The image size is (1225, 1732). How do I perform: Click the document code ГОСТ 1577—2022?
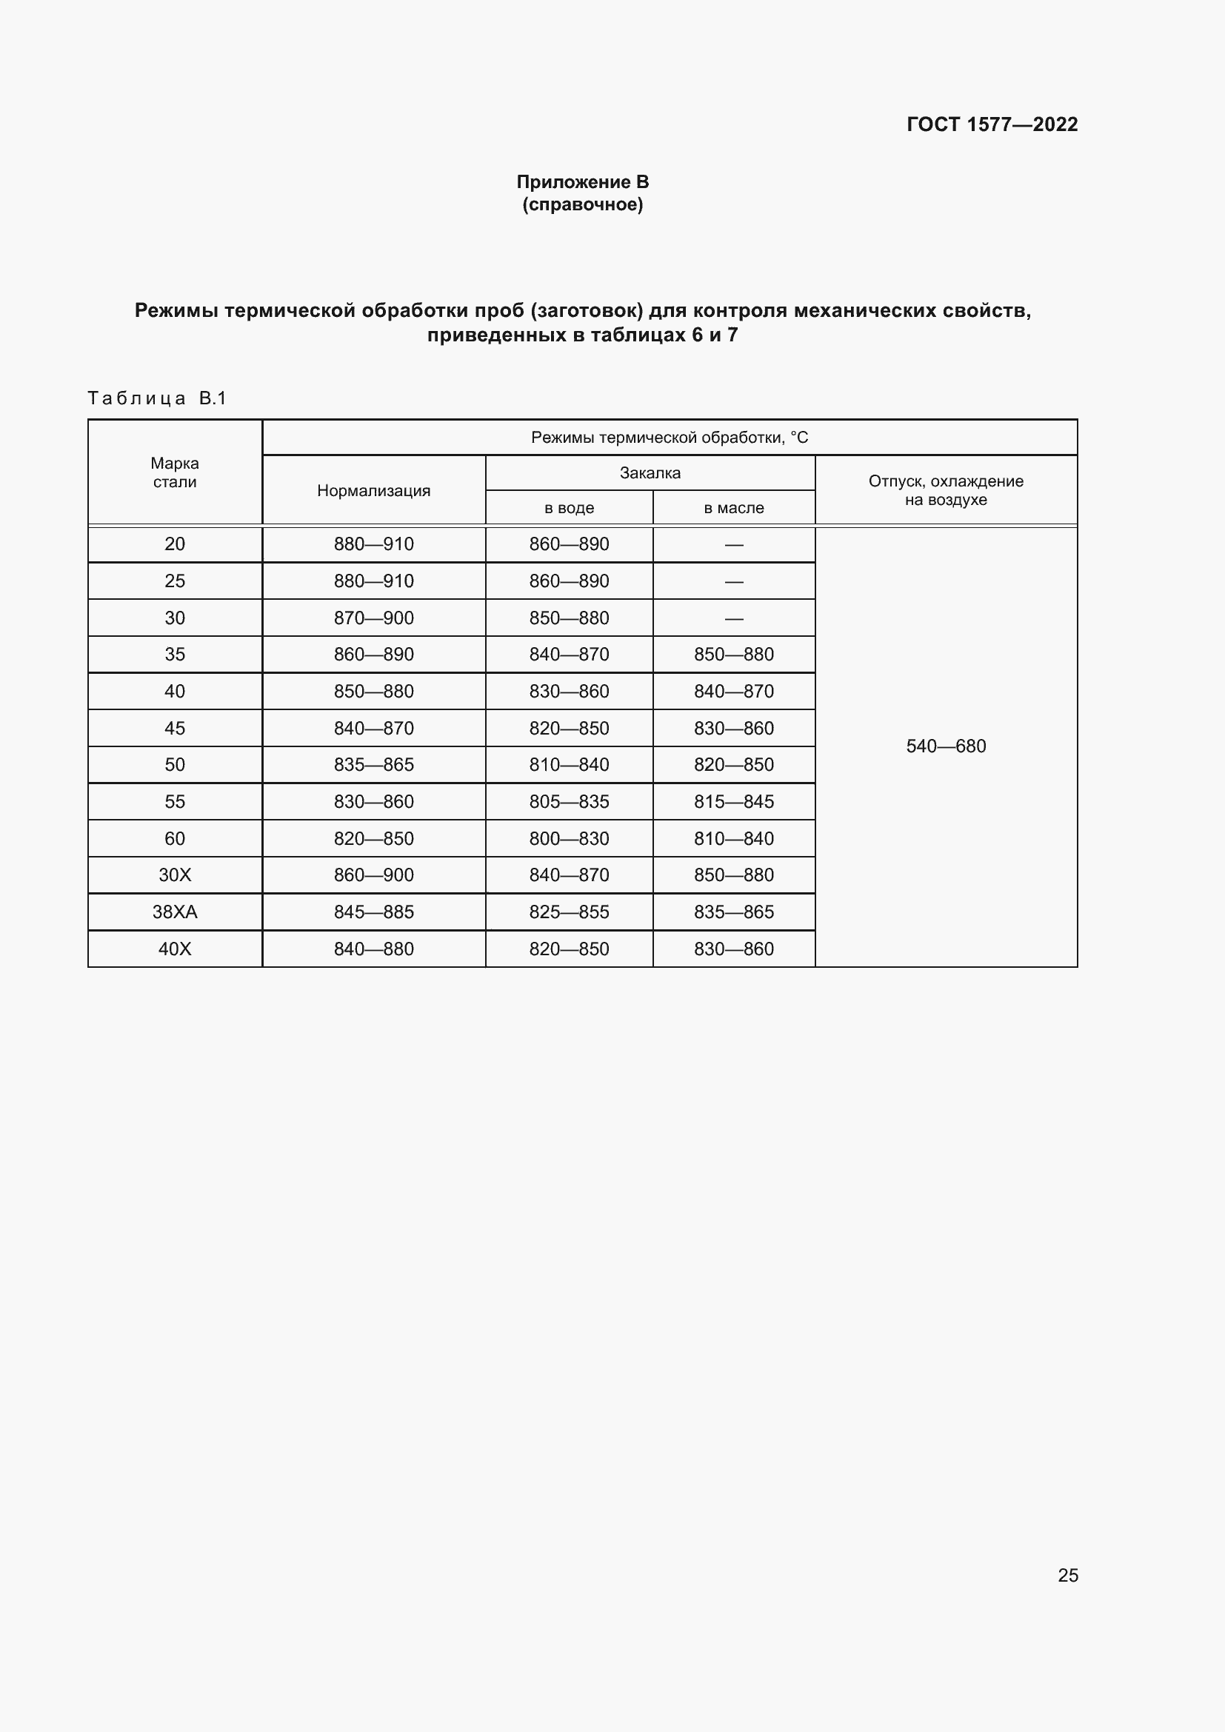(x=992, y=124)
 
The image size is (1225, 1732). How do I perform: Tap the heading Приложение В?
(x=582, y=182)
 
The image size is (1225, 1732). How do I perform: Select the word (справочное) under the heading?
(x=582, y=204)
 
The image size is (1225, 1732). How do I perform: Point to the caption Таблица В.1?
(x=157, y=398)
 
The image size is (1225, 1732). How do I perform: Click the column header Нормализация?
(x=373, y=491)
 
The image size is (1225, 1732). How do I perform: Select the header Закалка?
(x=650, y=473)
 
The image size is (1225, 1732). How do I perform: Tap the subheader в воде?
(x=569, y=509)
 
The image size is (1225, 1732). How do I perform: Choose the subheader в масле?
(x=733, y=509)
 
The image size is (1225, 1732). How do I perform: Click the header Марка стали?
(x=174, y=473)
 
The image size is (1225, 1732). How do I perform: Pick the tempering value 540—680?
(x=946, y=746)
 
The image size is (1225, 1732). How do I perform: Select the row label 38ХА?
(x=174, y=912)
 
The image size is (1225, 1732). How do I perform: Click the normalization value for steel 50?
(x=373, y=765)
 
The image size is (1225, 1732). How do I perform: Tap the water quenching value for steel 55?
(x=569, y=802)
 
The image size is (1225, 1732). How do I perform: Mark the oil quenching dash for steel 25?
(x=733, y=581)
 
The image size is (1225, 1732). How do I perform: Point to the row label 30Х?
(x=174, y=875)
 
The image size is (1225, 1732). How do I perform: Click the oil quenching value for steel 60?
(x=733, y=839)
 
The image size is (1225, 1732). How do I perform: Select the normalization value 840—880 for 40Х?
(x=373, y=949)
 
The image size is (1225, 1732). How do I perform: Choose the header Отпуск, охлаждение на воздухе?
(x=946, y=490)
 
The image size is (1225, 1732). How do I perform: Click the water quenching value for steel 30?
(x=569, y=618)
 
